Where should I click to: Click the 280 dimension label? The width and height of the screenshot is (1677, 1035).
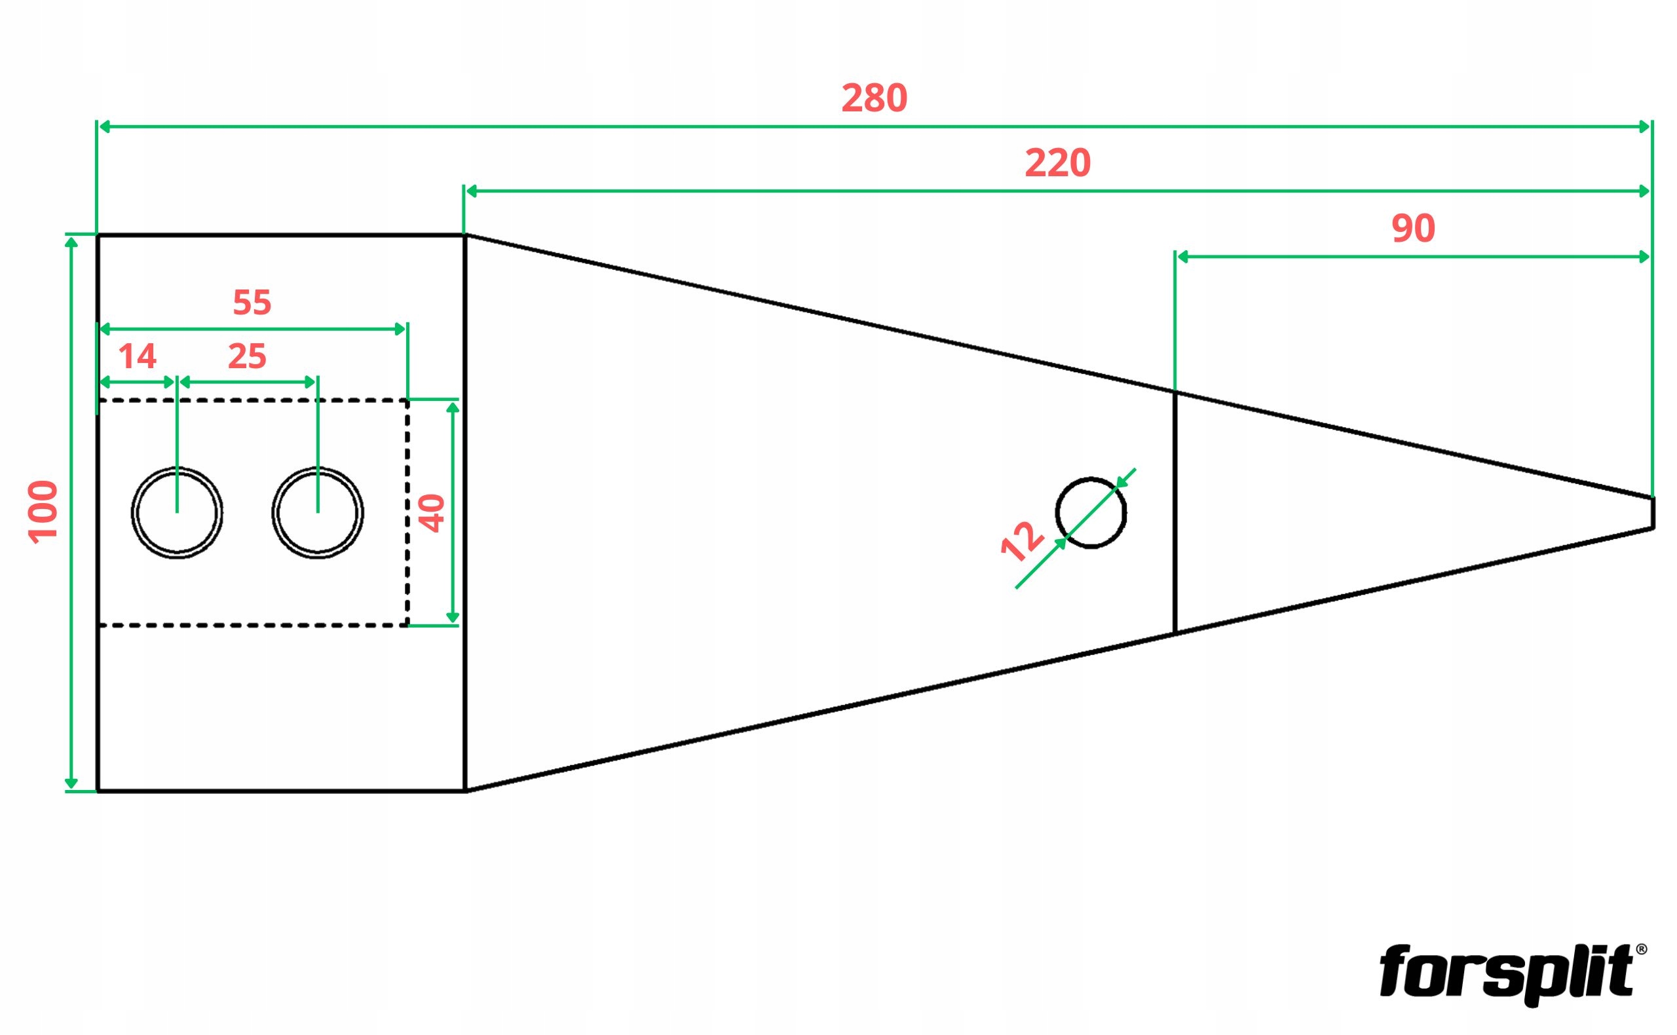(x=874, y=98)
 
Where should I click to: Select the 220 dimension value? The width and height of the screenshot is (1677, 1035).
(x=1057, y=163)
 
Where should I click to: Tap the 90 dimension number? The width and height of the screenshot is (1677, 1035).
(x=1413, y=228)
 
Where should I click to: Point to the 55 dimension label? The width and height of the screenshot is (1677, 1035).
(x=252, y=302)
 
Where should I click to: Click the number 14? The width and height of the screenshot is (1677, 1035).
(x=137, y=356)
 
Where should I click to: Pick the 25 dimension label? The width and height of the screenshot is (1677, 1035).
(x=246, y=356)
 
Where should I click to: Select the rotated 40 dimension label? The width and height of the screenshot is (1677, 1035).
(x=432, y=513)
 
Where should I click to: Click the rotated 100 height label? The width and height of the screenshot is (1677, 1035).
(x=43, y=512)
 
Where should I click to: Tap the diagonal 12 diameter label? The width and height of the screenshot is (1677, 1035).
(x=1021, y=541)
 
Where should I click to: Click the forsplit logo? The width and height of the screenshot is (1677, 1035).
(x=1506, y=972)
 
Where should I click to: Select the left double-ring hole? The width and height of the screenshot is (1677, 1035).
(x=177, y=513)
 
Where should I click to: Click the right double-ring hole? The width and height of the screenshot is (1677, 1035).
(x=318, y=513)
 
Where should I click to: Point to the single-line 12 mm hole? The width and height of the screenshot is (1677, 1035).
(x=1091, y=513)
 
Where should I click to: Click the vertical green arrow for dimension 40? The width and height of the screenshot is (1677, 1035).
(x=452, y=513)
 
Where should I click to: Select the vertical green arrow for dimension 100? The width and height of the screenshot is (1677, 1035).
(x=71, y=513)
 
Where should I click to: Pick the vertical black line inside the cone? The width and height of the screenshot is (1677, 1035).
(x=1175, y=513)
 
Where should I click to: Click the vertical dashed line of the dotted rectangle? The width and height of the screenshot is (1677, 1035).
(x=407, y=513)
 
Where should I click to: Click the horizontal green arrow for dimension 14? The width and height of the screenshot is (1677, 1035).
(x=137, y=382)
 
